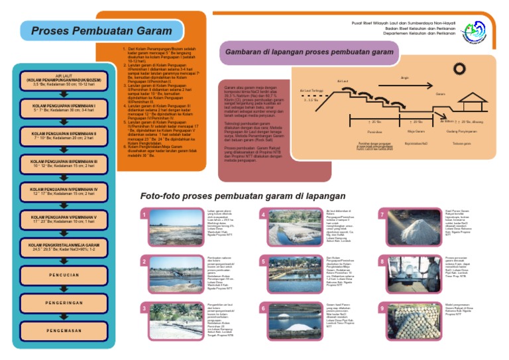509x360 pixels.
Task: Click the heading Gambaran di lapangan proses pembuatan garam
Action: tap(310, 51)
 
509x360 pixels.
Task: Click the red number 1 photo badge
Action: tap(144, 215)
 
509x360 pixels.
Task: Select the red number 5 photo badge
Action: tap(263, 262)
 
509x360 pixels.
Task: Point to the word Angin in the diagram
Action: tap(405, 78)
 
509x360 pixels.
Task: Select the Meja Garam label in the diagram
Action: tap(416, 131)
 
